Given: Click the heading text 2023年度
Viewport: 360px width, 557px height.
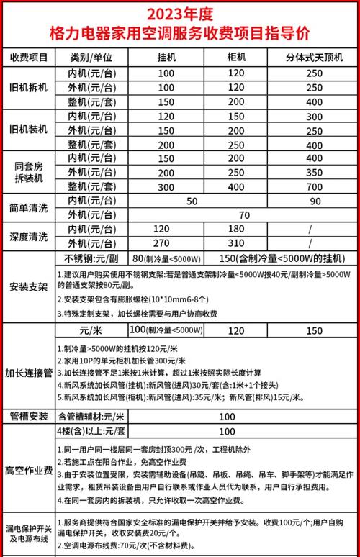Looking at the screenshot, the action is coord(180,14).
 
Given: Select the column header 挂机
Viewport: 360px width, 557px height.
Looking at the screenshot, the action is coord(166,57).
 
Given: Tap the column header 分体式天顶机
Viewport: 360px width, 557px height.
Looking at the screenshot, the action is coord(314,57).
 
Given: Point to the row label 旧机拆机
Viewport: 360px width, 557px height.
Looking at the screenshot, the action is coord(30,86).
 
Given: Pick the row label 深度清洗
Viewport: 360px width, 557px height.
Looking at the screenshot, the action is coord(30,235).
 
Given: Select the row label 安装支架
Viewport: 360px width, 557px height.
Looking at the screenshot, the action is coord(30,286).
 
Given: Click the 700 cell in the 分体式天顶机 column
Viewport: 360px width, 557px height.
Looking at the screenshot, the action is coord(314,186).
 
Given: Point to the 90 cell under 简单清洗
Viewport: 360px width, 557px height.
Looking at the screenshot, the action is coord(314,200).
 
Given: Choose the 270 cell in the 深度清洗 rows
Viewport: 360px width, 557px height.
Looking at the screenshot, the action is coord(166,243).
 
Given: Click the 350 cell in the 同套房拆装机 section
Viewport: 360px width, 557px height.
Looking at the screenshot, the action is coord(314,173).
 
